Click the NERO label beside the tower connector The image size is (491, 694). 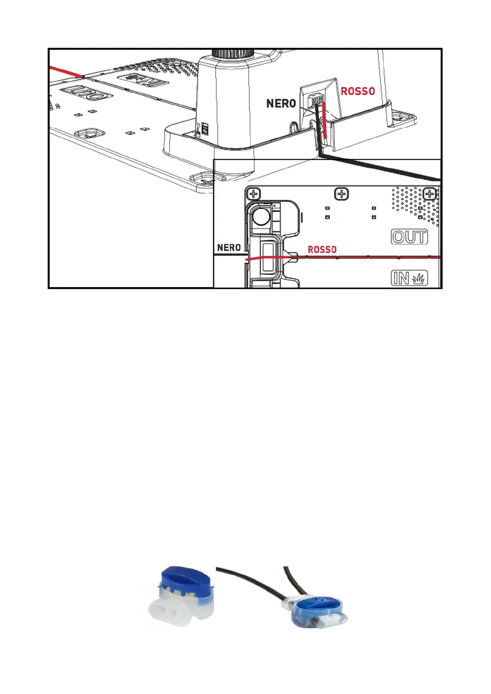(281, 103)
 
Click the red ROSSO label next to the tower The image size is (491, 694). (358, 91)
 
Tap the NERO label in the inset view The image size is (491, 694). (229, 248)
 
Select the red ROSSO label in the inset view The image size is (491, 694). (322, 250)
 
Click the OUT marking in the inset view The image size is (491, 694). (409, 237)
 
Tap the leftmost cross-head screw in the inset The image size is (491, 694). (253, 194)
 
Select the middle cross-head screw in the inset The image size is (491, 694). (341, 194)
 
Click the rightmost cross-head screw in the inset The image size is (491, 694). (430, 194)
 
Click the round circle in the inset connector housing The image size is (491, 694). (261, 216)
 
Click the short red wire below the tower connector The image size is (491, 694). (326, 122)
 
